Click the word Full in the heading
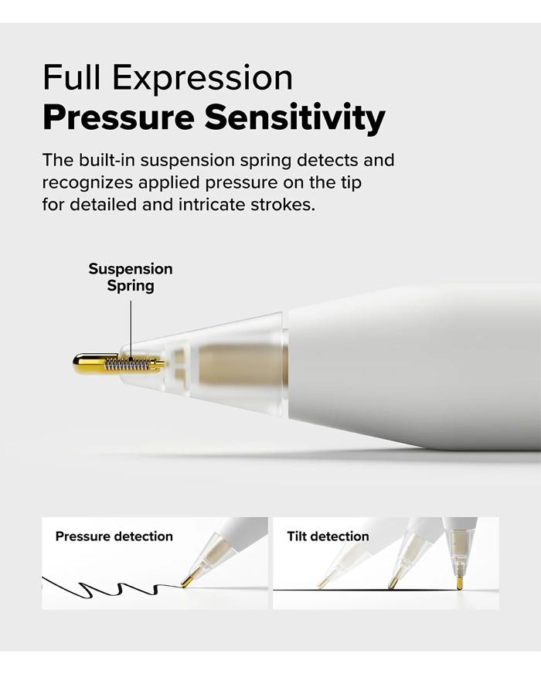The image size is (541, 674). pyautogui.click(x=71, y=77)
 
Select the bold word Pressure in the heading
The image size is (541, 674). pyautogui.click(x=118, y=117)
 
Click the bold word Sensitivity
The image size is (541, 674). pyautogui.click(x=294, y=118)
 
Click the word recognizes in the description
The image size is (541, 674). pyautogui.click(x=87, y=182)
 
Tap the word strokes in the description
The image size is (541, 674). pyautogui.click(x=283, y=204)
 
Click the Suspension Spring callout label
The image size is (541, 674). pyautogui.click(x=131, y=277)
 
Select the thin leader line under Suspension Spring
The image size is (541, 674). pyautogui.click(x=131, y=329)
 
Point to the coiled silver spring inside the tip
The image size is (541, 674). pyautogui.click(x=128, y=364)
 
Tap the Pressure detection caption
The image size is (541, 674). pyautogui.click(x=114, y=536)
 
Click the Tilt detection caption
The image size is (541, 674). pyautogui.click(x=328, y=536)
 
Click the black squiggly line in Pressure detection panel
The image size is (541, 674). pyautogui.click(x=111, y=587)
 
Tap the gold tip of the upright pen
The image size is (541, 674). pyautogui.click(x=459, y=581)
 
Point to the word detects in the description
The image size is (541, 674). pyautogui.click(x=328, y=160)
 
